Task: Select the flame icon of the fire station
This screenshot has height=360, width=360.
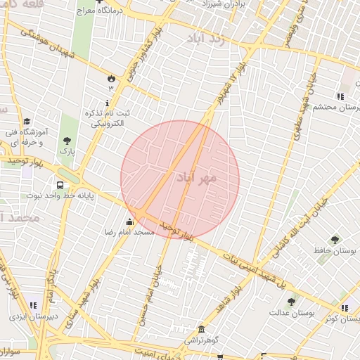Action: coord(110,79)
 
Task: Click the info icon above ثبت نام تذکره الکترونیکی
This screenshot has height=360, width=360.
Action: coord(107,103)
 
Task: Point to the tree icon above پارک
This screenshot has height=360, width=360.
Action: coord(67,141)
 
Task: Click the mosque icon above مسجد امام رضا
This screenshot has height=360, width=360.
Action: coord(129,224)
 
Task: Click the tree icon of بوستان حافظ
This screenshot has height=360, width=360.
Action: coord(334,240)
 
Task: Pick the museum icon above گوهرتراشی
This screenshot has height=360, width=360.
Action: coord(202,330)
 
